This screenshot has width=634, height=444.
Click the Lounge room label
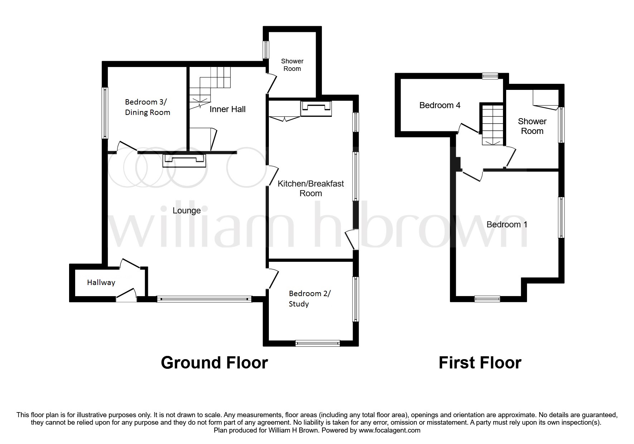coord(187,211)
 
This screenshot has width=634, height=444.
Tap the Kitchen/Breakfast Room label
coord(311,188)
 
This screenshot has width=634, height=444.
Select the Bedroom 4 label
coord(440,105)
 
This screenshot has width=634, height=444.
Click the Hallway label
coord(101,283)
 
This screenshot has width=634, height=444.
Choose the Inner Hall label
coord(227,109)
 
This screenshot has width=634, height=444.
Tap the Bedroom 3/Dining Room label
coord(147,107)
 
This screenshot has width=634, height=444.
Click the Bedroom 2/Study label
coord(310,299)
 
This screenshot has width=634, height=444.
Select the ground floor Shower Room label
coord(292,65)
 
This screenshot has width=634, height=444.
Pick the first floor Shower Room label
coord(532,126)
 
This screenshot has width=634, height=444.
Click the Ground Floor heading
coord(214,363)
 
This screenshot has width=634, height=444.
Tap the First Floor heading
coord(480,363)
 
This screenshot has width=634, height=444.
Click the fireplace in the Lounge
coord(184,160)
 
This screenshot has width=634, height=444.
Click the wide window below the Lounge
coord(204,299)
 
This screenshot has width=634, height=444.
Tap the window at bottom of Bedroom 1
coord(487,299)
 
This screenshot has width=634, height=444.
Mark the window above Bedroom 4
coord(490,76)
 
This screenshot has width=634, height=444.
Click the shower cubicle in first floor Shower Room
coord(545,97)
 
